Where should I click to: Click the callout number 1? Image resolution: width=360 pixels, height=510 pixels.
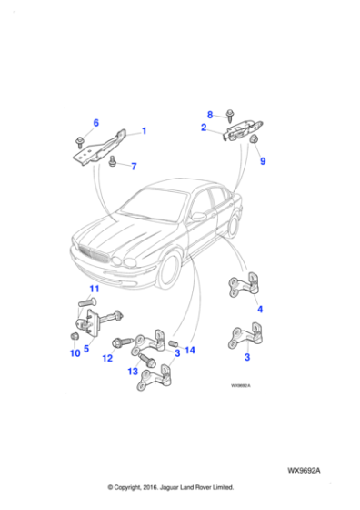144,131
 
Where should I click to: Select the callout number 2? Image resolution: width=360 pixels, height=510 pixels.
204,128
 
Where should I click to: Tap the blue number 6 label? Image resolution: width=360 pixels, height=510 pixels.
96,123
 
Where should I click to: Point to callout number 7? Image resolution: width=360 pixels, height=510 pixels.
133,167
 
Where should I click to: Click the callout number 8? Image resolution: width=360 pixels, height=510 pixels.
209,115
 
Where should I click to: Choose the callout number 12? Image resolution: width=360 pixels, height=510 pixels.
107,359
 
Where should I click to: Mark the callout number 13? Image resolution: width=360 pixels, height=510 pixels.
134,371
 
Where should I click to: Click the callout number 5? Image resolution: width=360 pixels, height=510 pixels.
87,347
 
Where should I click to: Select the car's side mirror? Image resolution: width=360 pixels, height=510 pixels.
197,217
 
